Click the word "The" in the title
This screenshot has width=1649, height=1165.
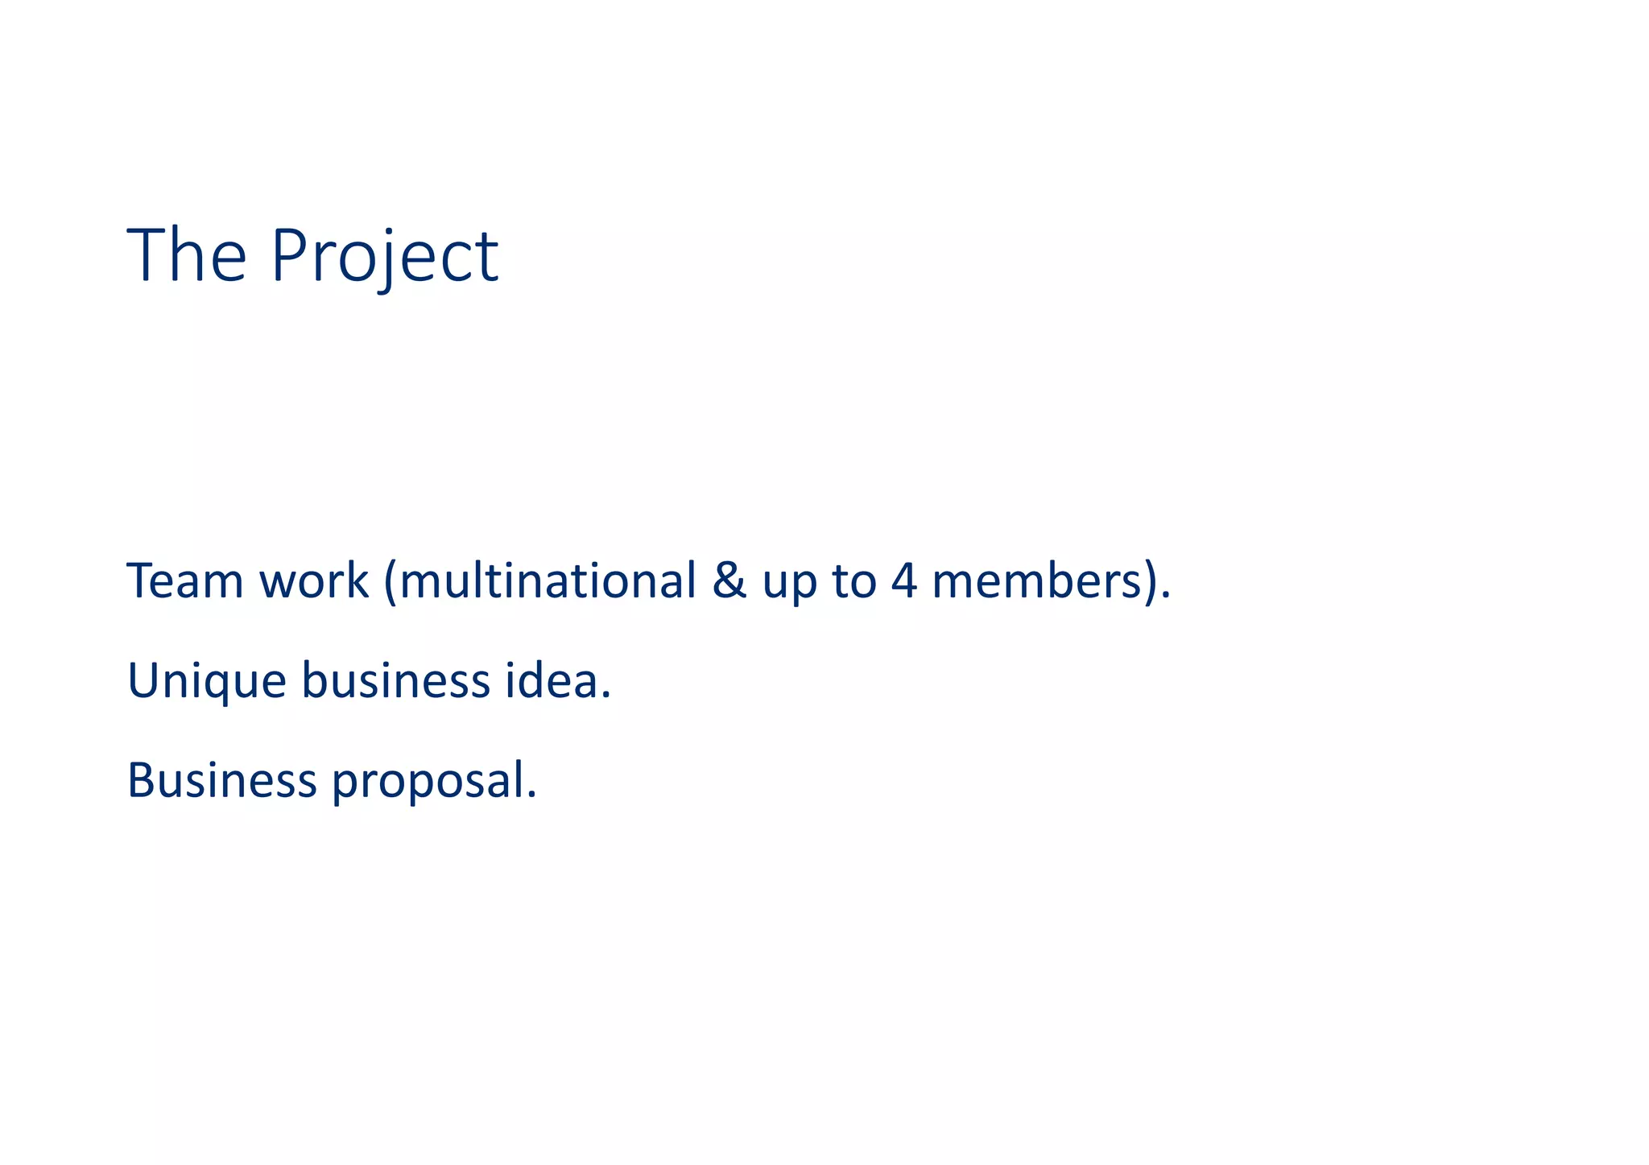(187, 256)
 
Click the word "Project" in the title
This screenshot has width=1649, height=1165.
(385, 256)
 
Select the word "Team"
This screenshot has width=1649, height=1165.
(185, 580)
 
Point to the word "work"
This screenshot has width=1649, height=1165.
(314, 580)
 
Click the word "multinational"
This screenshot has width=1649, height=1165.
(548, 580)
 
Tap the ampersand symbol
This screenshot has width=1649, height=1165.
(729, 581)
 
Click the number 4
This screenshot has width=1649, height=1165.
(904, 581)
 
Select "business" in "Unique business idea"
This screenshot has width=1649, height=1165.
(395, 680)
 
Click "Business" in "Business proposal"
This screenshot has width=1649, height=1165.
(222, 780)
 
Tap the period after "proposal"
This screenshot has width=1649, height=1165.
(531, 795)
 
